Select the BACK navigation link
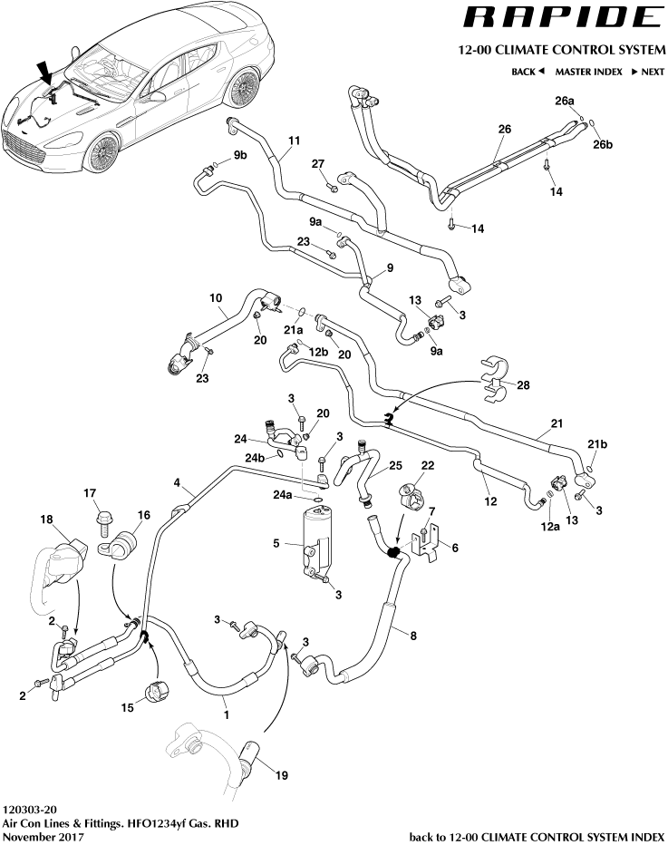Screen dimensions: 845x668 click(x=527, y=71)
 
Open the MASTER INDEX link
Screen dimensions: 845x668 click(x=588, y=71)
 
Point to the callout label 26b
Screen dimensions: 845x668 click(x=603, y=145)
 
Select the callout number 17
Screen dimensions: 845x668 click(x=90, y=493)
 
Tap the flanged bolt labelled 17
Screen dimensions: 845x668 click(x=102, y=522)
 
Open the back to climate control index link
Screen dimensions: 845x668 click(x=537, y=835)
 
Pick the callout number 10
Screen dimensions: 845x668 click(x=216, y=297)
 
